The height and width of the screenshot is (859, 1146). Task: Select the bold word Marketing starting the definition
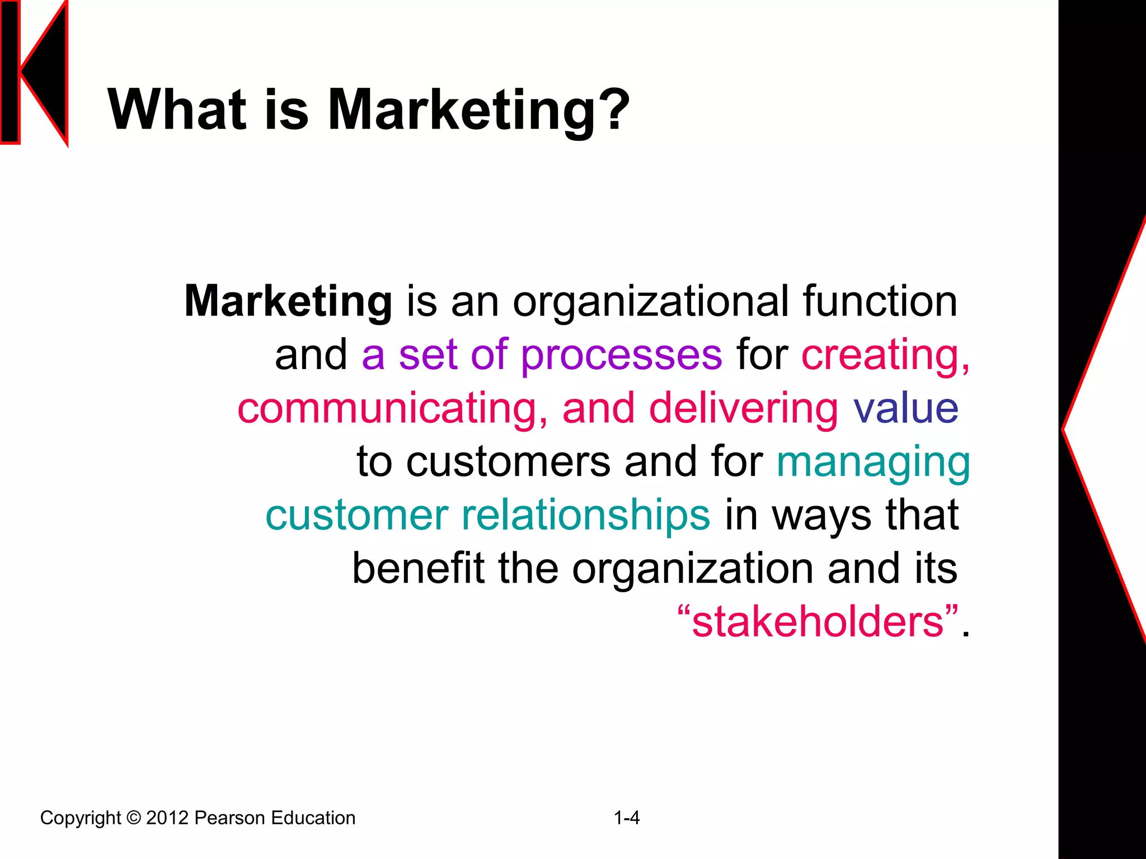click(288, 302)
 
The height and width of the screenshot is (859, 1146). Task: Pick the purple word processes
click(621, 356)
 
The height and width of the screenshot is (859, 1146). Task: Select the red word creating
click(885, 356)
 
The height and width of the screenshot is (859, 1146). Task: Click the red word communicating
click(392, 408)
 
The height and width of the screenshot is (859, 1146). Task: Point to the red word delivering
click(744, 408)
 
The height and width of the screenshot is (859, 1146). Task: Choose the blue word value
click(906, 408)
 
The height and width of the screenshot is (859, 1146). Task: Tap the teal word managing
click(873, 463)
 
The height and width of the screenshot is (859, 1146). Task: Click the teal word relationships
click(585, 516)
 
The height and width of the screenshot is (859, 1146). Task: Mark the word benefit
click(417, 569)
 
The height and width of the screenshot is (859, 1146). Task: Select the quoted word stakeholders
click(818, 622)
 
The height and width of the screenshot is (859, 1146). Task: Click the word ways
click(821, 516)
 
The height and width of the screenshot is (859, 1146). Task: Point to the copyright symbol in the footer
click(134, 818)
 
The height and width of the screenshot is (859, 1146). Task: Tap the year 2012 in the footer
click(167, 818)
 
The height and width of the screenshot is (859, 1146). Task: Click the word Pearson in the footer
click(229, 818)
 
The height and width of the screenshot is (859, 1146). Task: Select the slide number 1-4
click(627, 818)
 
